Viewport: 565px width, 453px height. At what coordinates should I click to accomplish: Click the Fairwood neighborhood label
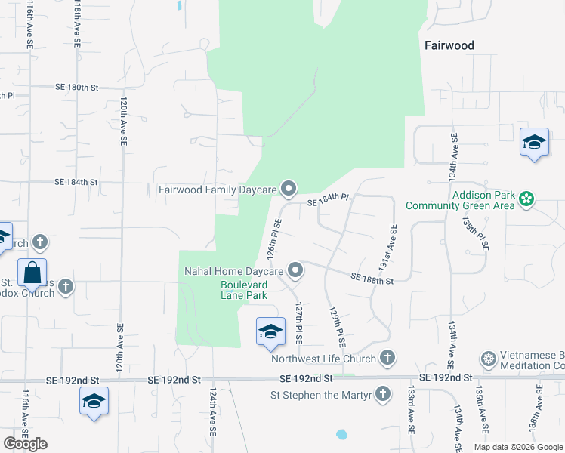point(449,45)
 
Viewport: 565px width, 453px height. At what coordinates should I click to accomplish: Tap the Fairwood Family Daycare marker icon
point(288,188)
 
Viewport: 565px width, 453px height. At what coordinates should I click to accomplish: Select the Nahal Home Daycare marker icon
point(295,270)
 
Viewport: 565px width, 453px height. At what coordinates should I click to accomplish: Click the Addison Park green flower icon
point(526,199)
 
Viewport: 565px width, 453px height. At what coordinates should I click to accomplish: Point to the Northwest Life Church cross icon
point(387,357)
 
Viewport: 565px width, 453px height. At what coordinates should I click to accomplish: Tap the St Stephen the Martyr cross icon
point(383,393)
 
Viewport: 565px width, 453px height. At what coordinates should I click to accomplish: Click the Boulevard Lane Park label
point(244,291)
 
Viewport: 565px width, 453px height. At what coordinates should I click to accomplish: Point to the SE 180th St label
point(76,88)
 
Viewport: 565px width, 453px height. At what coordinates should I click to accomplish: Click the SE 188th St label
point(372,279)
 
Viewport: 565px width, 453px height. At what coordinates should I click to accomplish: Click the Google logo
point(26,444)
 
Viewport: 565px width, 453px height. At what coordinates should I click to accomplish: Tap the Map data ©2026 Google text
point(517,447)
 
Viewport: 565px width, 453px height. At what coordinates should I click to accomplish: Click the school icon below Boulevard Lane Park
point(271,331)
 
